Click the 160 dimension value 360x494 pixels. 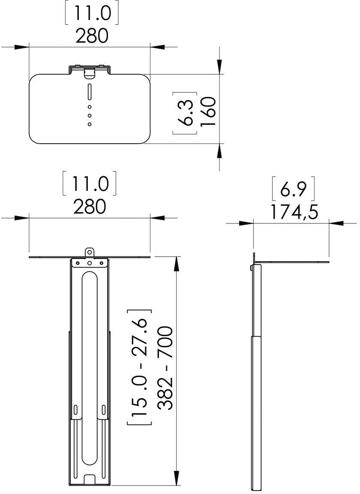click(208, 111)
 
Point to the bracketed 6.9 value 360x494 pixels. click(293, 190)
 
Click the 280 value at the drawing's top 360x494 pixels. click(92, 36)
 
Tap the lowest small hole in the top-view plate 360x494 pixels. click(90, 124)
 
